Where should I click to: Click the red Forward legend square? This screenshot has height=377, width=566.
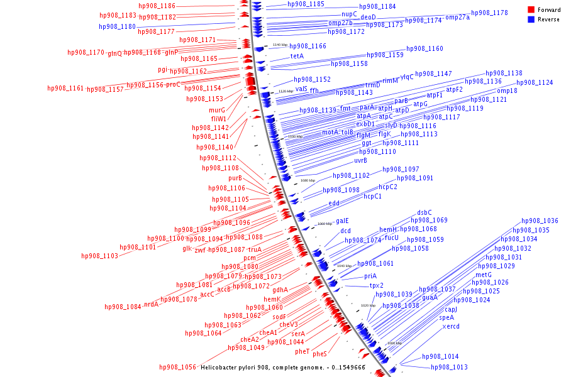click(531, 10)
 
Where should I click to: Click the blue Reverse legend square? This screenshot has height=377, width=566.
click(531, 19)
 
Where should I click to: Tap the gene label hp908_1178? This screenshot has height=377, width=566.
click(489, 13)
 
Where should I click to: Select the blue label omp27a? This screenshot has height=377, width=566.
click(457, 18)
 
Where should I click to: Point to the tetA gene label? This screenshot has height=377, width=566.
click(297, 56)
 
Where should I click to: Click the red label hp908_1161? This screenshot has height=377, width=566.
click(65, 89)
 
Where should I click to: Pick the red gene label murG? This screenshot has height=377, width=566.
click(217, 110)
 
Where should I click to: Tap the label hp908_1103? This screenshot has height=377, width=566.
click(99, 256)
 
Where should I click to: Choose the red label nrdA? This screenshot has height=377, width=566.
click(151, 305)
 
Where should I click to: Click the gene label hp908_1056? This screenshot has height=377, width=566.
click(177, 367)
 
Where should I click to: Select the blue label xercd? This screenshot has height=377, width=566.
click(451, 327)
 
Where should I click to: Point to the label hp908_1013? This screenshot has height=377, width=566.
click(449, 368)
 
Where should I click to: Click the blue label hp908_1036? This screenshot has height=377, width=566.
click(540, 221)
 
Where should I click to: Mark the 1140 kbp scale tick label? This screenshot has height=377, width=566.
click(280, 45)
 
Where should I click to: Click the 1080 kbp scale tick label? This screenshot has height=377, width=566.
click(308, 181)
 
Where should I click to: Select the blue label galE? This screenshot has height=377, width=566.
click(342, 221)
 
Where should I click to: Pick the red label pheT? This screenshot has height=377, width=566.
click(302, 351)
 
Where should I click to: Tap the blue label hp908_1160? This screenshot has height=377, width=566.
click(425, 49)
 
